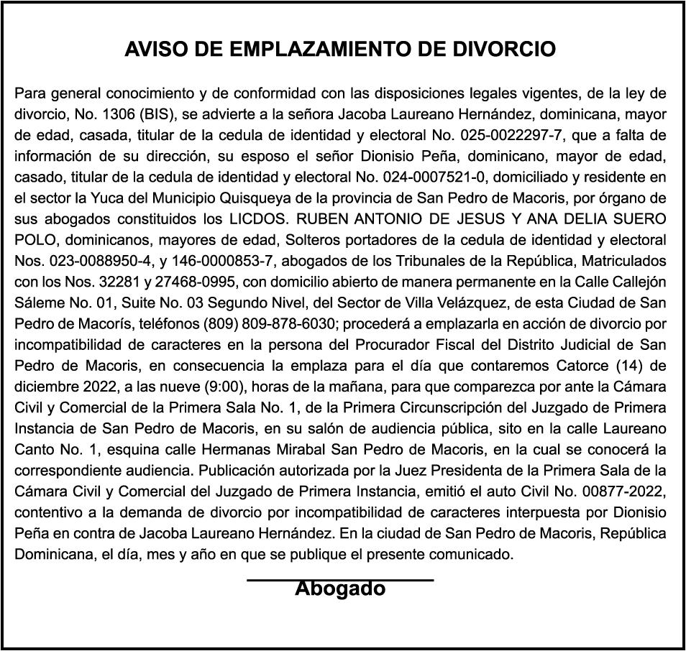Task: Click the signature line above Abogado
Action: pos(340,578)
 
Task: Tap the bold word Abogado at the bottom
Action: pos(340,589)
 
